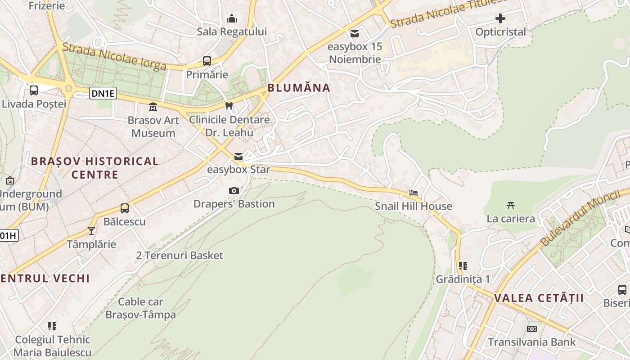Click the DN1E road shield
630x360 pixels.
[x=103, y=94]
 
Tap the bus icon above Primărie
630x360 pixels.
[x=207, y=61]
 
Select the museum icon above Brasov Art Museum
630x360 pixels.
[x=153, y=107]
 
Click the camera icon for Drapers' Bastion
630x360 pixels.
[x=234, y=191]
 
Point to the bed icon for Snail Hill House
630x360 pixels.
[x=414, y=193]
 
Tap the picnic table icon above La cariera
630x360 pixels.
[x=510, y=206]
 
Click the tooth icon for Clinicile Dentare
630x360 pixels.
[x=229, y=106]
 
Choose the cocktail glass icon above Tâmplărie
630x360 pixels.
[x=91, y=231]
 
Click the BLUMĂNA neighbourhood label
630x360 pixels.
[x=299, y=88]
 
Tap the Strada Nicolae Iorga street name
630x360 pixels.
[x=114, y=57]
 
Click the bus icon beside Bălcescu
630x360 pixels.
[x=125, y=208]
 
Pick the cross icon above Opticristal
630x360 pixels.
[x=500, y=18]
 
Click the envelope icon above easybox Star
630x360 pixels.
[x=238, y=157]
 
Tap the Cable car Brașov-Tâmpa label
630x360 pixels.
[x=140, y=308]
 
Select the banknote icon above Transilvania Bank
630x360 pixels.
[x=532, y=329]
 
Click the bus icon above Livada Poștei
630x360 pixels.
[x=34, y=90]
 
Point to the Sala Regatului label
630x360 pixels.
[x=232, y=31]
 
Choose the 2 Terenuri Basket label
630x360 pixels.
[x=180, y=256]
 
